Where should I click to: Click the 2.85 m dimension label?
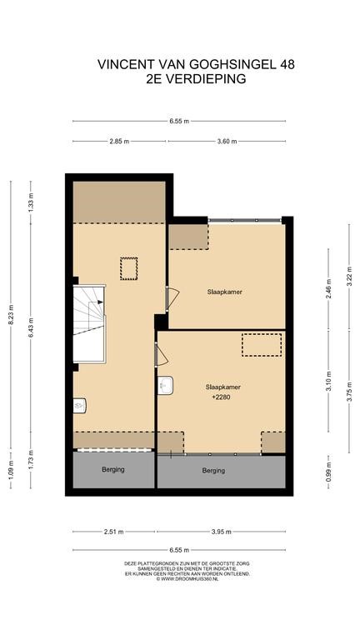(119, 142)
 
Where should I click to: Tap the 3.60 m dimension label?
(227, 142)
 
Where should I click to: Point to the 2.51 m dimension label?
(113, 532)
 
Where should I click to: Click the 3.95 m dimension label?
(221, 532)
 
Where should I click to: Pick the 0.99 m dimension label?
(329, 472)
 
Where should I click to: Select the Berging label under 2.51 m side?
(113, 470)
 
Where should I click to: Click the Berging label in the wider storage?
(213, 471)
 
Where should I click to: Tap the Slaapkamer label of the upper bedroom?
(224, 292)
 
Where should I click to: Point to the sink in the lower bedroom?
(166, 385)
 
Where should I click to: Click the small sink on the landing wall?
(80, 406)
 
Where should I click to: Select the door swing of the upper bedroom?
(172, 298)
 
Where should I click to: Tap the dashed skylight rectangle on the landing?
(129, 268)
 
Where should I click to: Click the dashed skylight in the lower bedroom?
(262, 345)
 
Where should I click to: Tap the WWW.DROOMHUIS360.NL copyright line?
(187, 579)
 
